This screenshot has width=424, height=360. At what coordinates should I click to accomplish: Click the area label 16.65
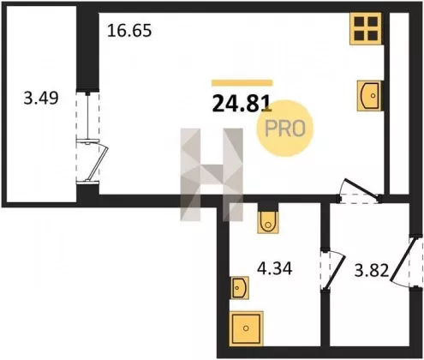pos(129,31)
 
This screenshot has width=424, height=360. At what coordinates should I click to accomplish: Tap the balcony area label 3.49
pos(41,98)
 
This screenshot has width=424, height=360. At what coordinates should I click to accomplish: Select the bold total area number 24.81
pos(242,104)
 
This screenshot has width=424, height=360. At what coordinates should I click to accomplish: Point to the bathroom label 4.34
pos(274,268)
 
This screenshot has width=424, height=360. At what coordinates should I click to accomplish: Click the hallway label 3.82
pos(372,270)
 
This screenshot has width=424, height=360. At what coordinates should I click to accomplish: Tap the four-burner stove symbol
pos(366,28)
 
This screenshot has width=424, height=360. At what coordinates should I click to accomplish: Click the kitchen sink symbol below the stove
pos(369,96)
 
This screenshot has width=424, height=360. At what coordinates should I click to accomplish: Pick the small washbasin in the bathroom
pos(239,288)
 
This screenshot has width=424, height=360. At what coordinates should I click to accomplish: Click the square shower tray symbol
pos(246,328)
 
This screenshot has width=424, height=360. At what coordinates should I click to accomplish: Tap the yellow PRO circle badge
pos(285,129)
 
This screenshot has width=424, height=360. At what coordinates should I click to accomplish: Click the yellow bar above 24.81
pos(242,83)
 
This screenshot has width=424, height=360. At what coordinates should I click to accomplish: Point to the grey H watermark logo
pos(212,175)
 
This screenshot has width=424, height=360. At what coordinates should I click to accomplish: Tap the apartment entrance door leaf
pos(402,260)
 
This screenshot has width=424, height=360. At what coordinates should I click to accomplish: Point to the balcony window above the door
pos(87,117)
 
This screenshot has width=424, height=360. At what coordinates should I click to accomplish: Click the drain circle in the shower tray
pos(246,328)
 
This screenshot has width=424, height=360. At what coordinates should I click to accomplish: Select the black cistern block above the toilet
pos(268,207)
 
